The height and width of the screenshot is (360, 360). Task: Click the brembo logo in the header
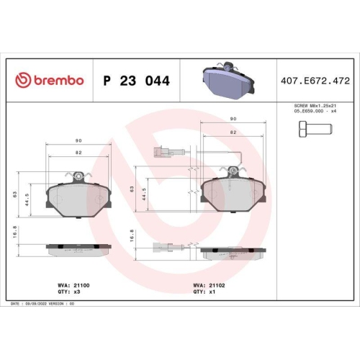coord(50,80)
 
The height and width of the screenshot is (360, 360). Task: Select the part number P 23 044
coord(136,81)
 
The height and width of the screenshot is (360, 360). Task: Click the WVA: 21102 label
coord(210,285)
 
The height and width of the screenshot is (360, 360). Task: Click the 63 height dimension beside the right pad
coord(132,188)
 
